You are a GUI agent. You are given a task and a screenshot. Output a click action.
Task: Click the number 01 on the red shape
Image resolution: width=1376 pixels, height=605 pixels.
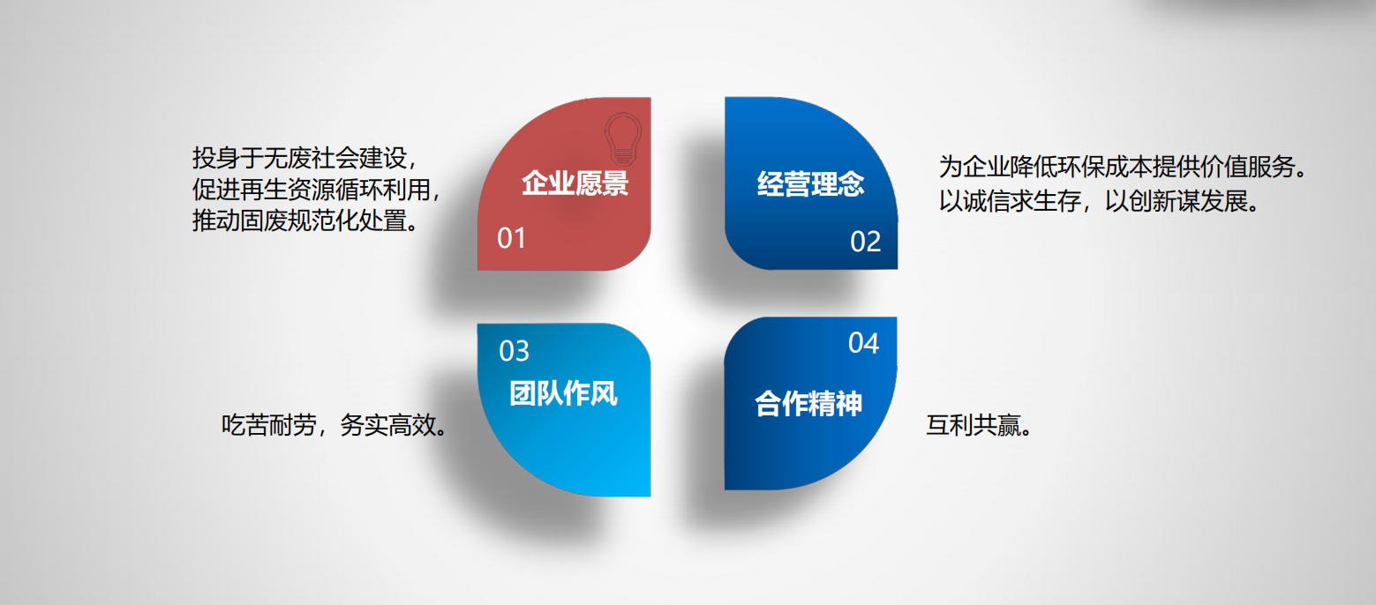(x=511, y=238)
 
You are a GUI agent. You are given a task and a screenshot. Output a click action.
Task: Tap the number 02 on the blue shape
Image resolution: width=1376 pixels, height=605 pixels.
(x=866, y=242)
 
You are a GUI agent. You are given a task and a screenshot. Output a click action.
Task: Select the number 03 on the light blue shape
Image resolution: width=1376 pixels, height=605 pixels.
(x=515, y=351)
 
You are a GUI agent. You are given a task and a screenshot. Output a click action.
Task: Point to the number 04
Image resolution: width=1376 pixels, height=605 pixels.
(x=864, y=343)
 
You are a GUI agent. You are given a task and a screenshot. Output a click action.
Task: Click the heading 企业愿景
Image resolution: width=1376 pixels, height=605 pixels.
(x=575, y=183)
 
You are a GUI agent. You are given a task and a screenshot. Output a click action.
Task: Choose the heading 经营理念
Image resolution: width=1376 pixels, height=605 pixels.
(x=811, y=183)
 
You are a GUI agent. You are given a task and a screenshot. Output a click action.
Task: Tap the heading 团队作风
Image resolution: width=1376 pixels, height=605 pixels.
(x=563, y=393)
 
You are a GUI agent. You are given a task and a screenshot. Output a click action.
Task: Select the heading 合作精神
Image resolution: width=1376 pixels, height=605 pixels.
(x=808, y=403)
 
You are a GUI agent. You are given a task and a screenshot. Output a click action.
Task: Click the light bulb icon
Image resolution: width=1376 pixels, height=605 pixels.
(x=623, y=139)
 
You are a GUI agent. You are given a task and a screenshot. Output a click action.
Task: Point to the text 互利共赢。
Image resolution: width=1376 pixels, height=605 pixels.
(x=979, y=425)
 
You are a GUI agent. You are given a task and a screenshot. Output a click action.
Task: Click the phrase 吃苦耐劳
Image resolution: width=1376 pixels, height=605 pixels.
(x=269, y=425)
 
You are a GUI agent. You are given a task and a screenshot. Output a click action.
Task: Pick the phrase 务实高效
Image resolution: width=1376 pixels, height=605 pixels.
(x=387, y=425)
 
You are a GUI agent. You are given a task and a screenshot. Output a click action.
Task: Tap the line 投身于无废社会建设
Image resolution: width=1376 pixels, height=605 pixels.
(x=300, y=158)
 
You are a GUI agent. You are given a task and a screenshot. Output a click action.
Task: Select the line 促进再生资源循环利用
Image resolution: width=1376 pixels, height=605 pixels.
(x=312, y=190)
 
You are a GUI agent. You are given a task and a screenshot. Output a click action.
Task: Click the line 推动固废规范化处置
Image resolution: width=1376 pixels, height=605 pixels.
(x=300, y=220)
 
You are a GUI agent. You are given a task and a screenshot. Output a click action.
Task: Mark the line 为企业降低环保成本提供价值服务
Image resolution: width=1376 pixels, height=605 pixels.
(x=1117, y=167)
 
